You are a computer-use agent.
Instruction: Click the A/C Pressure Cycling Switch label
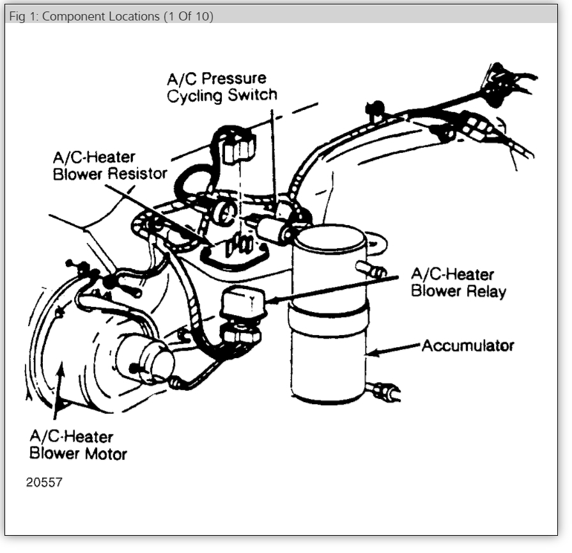[222, 88]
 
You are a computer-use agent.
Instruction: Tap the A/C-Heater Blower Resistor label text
[109, 165]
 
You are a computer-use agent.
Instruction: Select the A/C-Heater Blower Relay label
[458, 283]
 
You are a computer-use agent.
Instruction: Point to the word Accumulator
[468, 346]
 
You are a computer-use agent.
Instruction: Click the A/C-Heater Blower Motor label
[78, 446]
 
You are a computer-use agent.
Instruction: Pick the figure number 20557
[44, 482]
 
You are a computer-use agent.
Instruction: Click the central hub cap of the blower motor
[153, 359]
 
